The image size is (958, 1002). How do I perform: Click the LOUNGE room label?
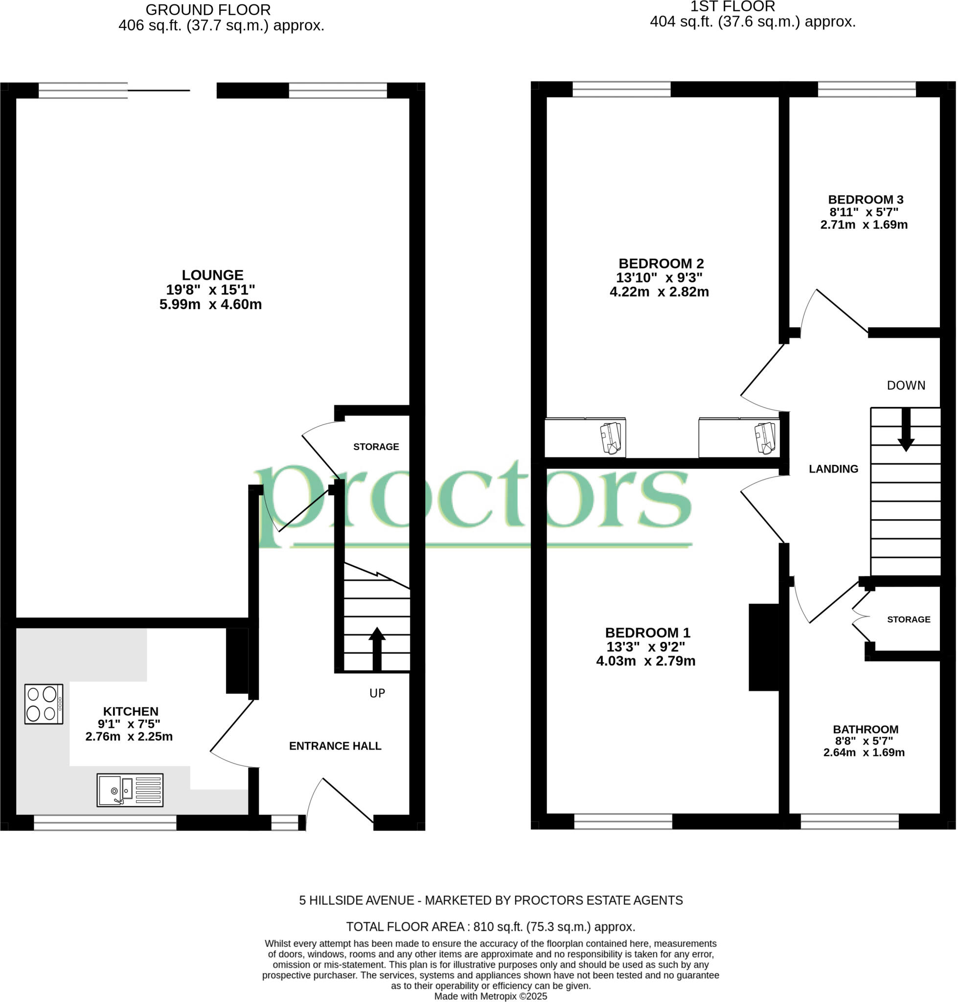pyautogui.click(x=212, y=275)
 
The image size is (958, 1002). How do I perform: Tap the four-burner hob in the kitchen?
pyautogui.click(x=44, y=704)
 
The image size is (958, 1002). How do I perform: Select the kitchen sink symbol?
pyautogui.click(x=130, y=790)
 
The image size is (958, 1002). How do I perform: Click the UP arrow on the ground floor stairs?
pyautogui.click(x=377, y=649)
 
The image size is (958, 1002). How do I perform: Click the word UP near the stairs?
pyautogui.click(x=377, y=693)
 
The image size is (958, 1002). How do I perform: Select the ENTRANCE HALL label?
pyautogui.click(x=335, y=746)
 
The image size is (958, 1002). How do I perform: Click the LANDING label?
pyautogui.click(x=833, y=469)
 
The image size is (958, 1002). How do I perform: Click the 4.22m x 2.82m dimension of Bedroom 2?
pyautogui.click(x=659, y=292)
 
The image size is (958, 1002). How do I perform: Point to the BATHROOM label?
pyautogui.click(x=865, y=729)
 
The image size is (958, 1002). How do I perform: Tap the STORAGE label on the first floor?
pyautogui.click(x=909, y=619)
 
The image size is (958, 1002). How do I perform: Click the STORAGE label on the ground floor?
pyautogui.click(x=376, y=447)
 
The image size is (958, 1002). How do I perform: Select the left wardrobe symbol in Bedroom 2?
pyautogui.click(x=585, y=438)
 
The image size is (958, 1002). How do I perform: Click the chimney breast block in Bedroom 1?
pyautogui.click(x=763, y=647)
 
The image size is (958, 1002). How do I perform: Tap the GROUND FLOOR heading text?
pyautogui.click(x=208, y=10)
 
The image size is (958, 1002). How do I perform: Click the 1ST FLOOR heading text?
pyautogui.click(x=732, y=7)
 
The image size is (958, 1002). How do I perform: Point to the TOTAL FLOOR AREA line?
pyautogui.click(x=490, y=927)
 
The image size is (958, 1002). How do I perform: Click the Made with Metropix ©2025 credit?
pyautogui.click(x=490, y=997)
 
